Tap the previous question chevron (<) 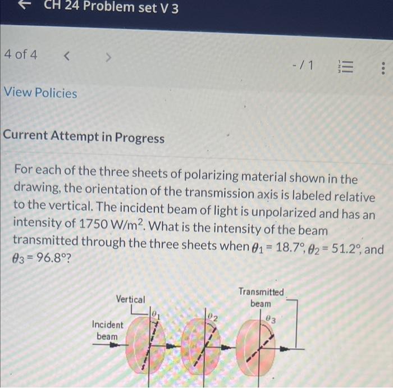coord(67,56)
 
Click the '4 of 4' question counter coord(20,55)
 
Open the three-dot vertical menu coord(382,69)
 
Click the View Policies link coord(40,93)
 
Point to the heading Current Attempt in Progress coord(84,138)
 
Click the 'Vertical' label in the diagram coord(130,299)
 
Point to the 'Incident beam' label coord(107,330)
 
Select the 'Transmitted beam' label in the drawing coord(261,297)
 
